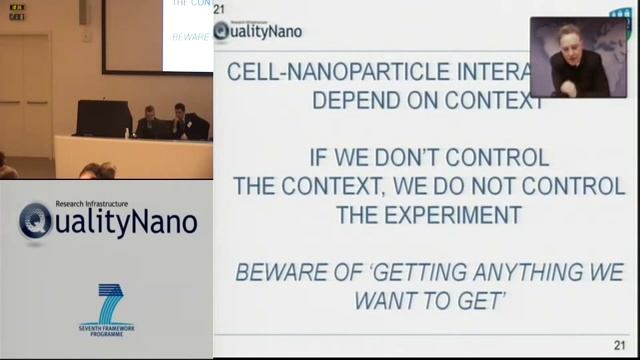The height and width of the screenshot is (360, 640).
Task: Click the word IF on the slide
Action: coord(319,158)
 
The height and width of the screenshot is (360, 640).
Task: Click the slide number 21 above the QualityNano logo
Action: coord(219,9)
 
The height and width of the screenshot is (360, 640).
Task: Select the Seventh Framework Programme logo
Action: coord(106,310)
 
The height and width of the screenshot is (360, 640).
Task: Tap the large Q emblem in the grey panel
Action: coord(36,221)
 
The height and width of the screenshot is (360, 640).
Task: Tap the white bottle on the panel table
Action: coord(127,132)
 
